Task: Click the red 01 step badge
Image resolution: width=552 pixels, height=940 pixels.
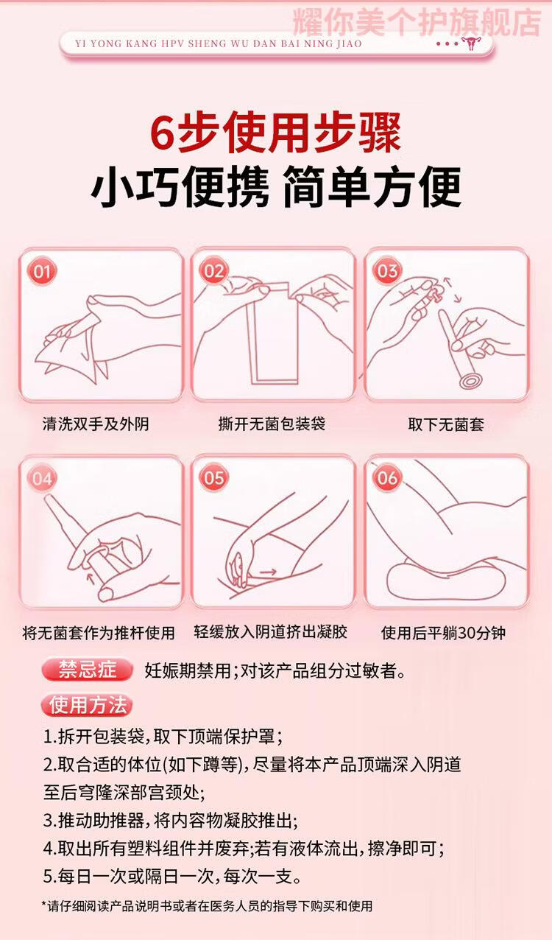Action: coord(41,271)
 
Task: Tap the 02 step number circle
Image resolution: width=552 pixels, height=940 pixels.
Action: coord(213,270)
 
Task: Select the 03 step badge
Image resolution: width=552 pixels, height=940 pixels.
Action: coord(387,270)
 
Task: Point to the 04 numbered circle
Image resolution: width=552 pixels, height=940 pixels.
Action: coord(42,478)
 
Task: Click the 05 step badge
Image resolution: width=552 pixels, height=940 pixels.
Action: coord(213,477)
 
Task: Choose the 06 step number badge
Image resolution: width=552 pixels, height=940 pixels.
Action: coord(387,477)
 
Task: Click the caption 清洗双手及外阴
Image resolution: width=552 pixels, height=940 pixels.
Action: coord(96,424)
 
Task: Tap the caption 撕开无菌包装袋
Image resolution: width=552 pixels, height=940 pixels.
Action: coord(272,424)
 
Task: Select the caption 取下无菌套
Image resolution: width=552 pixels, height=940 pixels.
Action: coord(446,424)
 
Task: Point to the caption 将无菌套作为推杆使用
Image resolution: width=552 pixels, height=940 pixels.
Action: coord(99,633)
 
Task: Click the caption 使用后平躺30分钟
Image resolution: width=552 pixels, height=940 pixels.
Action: coord(443,633)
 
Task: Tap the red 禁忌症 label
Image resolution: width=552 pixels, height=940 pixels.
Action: coord(87,669)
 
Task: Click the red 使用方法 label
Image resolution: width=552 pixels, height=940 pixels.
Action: coord(87,705)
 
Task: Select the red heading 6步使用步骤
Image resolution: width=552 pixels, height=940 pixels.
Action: coord(275,133)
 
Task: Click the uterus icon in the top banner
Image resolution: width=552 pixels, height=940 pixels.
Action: coord(471,43)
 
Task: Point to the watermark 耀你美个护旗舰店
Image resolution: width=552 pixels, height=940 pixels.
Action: coord(417,23)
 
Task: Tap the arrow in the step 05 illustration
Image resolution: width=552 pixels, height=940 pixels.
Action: coord(268,572)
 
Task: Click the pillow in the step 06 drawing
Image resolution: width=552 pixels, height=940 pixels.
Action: coord(446,581)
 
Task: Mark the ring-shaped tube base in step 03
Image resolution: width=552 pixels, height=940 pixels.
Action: coord(471,381)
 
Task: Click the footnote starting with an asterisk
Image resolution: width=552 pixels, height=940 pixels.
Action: coord(207,906)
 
